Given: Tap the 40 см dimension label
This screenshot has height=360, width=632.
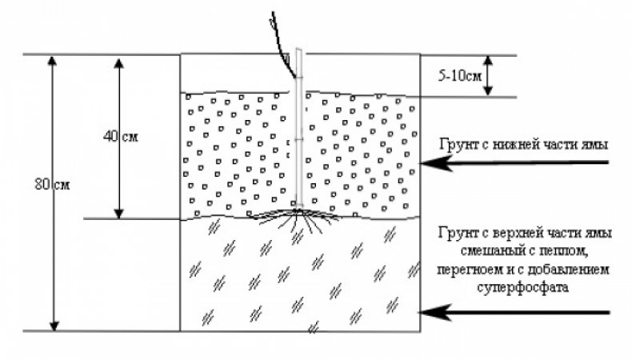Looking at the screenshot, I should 121,137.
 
